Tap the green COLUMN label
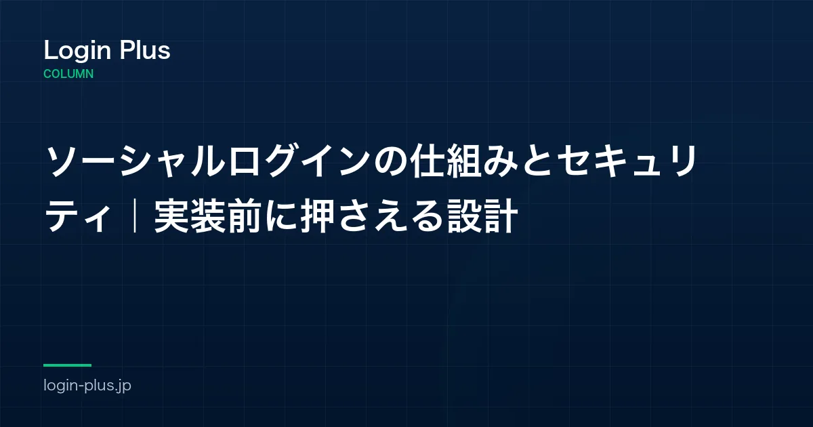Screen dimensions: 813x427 [68, 74]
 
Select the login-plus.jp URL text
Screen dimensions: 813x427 [87, 385]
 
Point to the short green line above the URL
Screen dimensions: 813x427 [68, 365]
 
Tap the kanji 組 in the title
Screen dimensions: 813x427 [463, 161]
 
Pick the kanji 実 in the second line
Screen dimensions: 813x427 [171, 216]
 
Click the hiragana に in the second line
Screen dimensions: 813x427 [281, 216]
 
